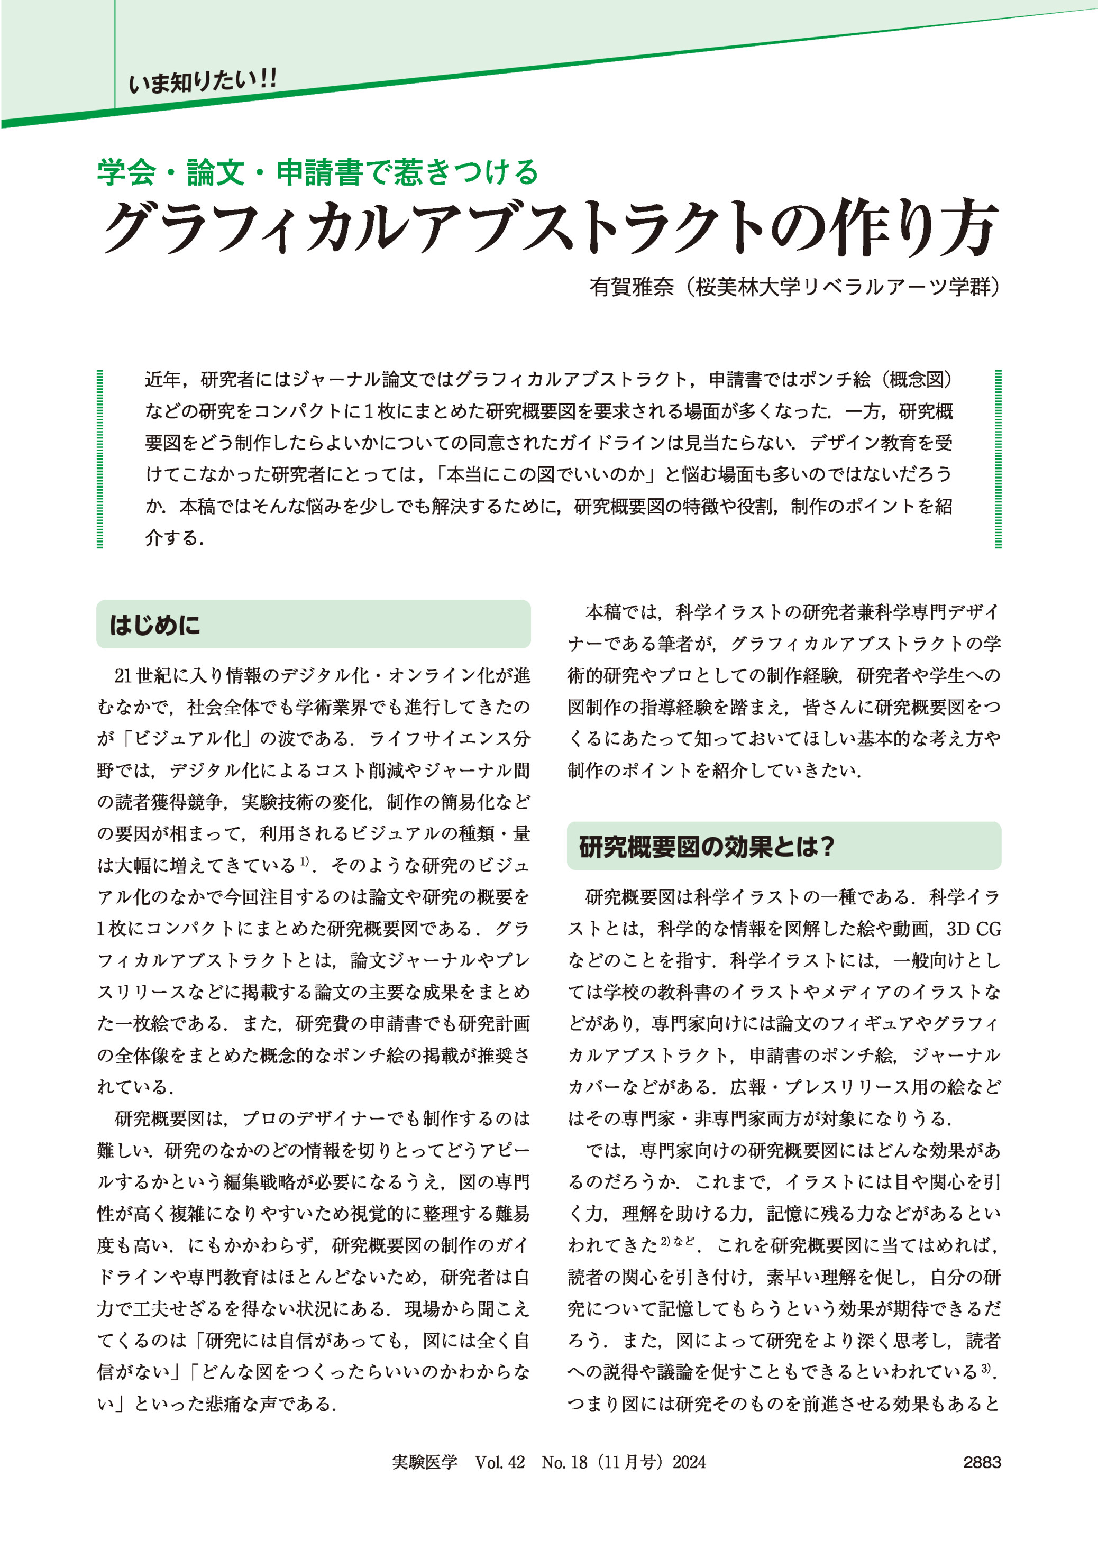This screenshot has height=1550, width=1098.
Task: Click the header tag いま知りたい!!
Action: coord(203,82)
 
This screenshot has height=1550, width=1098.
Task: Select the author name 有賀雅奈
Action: coord(632,287)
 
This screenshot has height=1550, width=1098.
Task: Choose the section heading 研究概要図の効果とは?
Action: coord(707,846)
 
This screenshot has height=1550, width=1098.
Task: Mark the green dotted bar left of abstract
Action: coord(100,458)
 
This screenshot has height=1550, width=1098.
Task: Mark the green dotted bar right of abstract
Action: coord(998,458)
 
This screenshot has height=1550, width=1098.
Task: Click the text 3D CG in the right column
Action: coord(974,929)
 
